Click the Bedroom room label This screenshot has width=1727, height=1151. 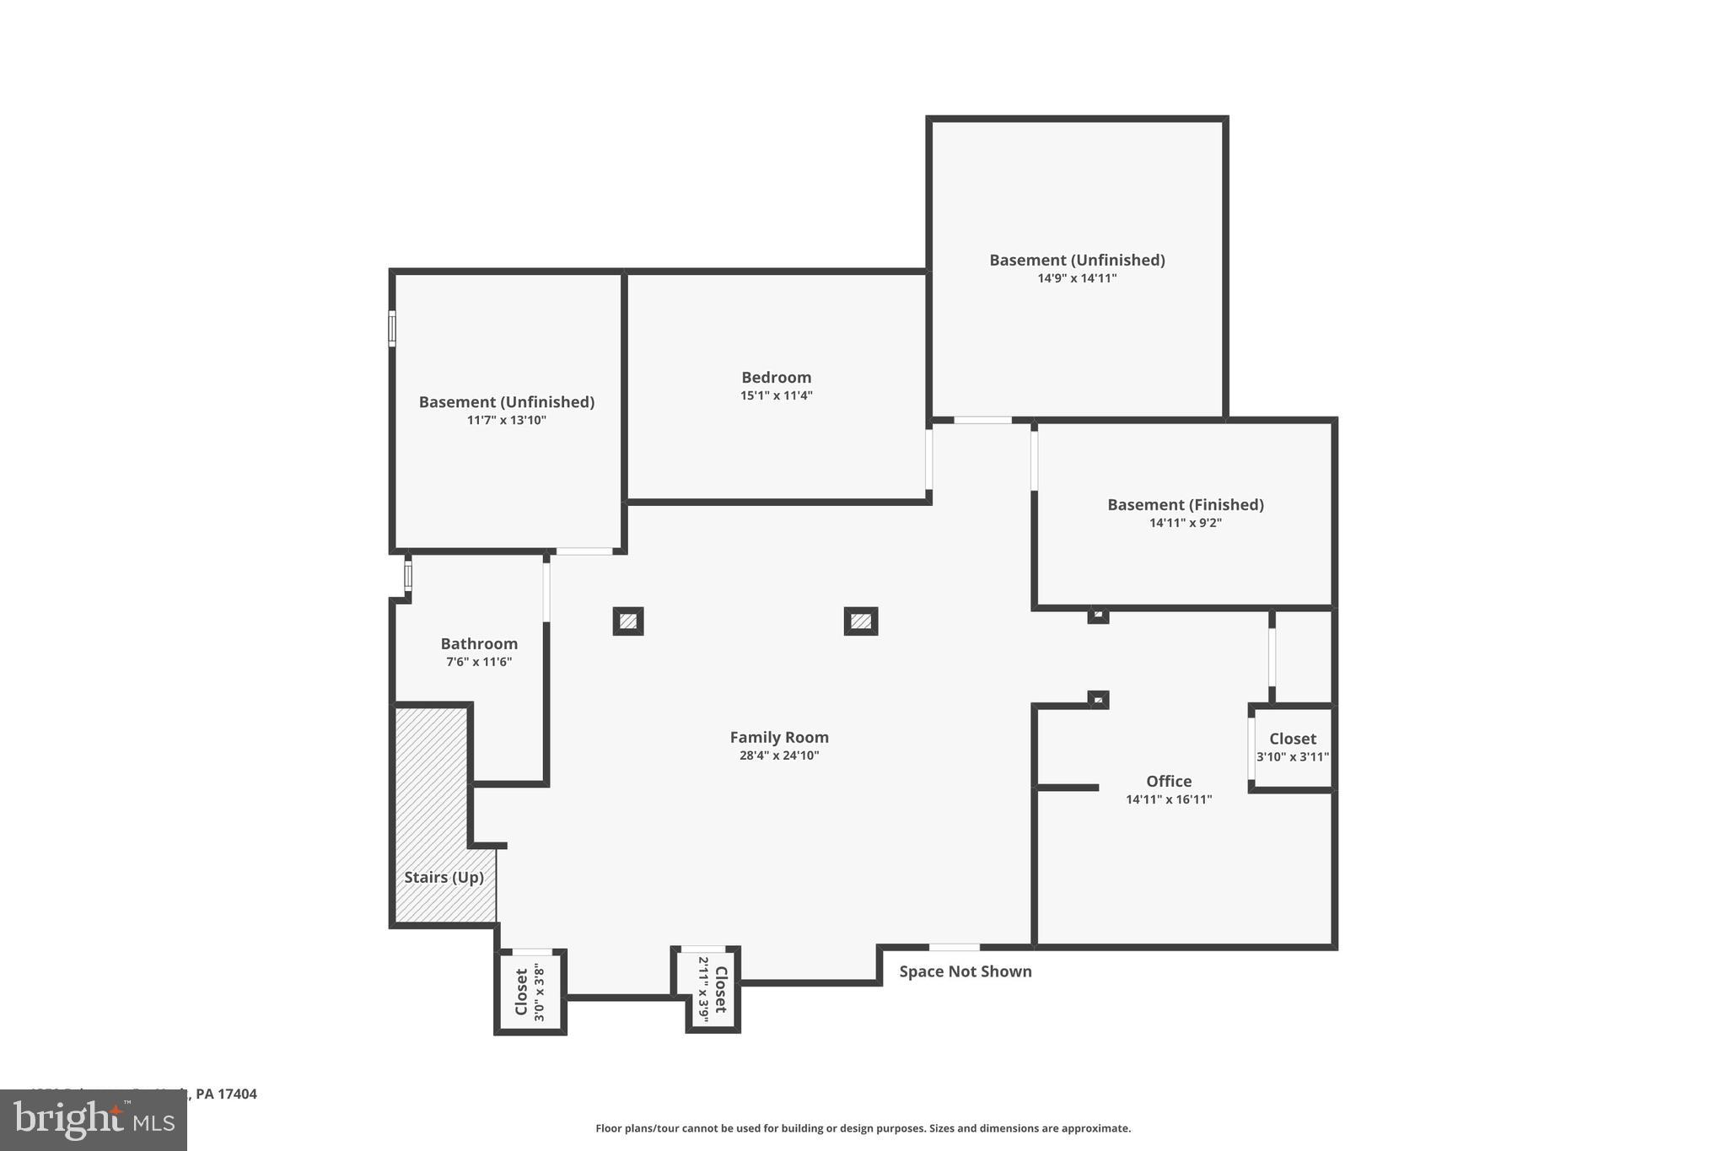pos(776,378)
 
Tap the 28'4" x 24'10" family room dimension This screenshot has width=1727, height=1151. pos(779,756)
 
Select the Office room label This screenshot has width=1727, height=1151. pos(1169,782)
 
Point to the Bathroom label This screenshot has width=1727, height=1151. pos(479,644)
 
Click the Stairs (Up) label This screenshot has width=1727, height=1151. pos(444,878)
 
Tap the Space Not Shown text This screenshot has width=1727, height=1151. pos(965,971)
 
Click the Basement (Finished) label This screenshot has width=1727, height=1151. pos(1185,505)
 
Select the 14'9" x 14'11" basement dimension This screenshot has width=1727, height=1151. pos(1077,278)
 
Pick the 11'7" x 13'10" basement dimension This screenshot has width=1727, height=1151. pos(507,420)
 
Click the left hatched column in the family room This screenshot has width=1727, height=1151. pos(628,621)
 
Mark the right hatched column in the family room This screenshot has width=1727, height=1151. pos(860,621)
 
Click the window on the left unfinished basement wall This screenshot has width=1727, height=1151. pos(392,328)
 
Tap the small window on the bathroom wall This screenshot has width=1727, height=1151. pos(408,577)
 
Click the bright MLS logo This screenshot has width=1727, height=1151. pos(94,1120)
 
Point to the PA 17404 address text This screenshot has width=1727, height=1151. pos(225,1095)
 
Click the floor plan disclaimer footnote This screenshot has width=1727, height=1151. pos(863,1128)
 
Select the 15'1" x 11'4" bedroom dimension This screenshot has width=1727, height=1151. pos(776,395)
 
